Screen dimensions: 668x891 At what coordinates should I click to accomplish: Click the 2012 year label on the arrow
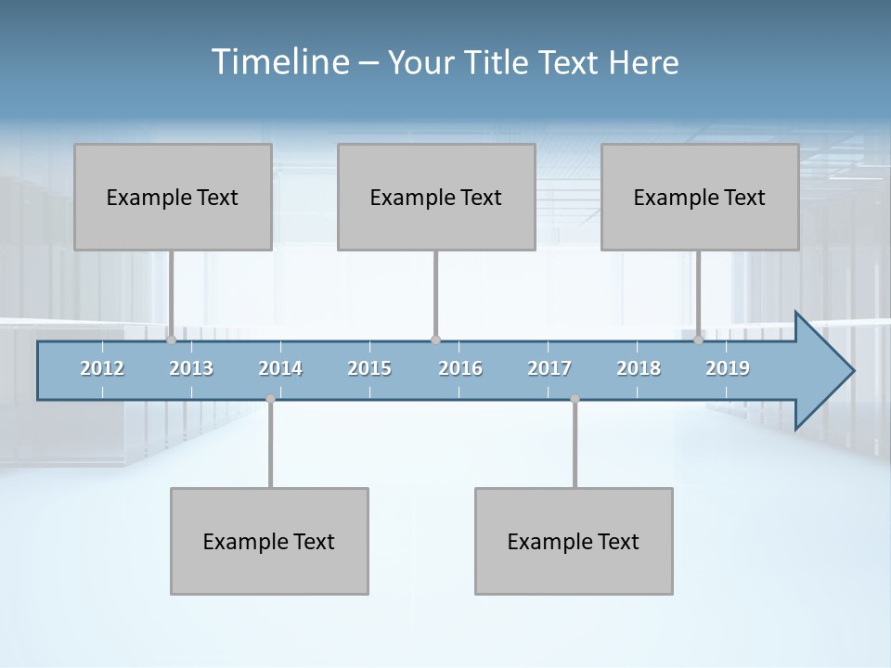102,368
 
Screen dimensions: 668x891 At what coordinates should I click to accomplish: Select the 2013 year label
191,368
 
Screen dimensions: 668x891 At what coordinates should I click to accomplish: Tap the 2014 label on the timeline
280,368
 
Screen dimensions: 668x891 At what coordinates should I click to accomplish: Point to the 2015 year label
369,368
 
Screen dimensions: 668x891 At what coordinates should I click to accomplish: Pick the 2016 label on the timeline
460,368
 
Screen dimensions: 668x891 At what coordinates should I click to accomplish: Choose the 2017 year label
549,368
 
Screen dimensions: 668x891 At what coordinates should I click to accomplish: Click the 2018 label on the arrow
639,368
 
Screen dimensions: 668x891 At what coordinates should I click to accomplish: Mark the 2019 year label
728,368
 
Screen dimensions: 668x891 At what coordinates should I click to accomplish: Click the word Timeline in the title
279,61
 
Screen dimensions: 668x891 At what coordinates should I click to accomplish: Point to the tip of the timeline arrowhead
852,371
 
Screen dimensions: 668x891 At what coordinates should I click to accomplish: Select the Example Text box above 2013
173,197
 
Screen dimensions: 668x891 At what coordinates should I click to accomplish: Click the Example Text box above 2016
436,197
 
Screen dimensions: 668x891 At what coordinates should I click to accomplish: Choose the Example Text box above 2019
700,197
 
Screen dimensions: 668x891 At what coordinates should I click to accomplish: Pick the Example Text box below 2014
269,541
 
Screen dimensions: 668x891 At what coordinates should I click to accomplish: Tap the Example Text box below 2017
574,541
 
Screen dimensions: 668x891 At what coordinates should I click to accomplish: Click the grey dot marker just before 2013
171,340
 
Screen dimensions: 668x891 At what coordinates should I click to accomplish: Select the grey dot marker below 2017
575,399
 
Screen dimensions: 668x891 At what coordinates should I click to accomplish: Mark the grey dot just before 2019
699,340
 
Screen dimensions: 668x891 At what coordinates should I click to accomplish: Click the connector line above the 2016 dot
435,292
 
